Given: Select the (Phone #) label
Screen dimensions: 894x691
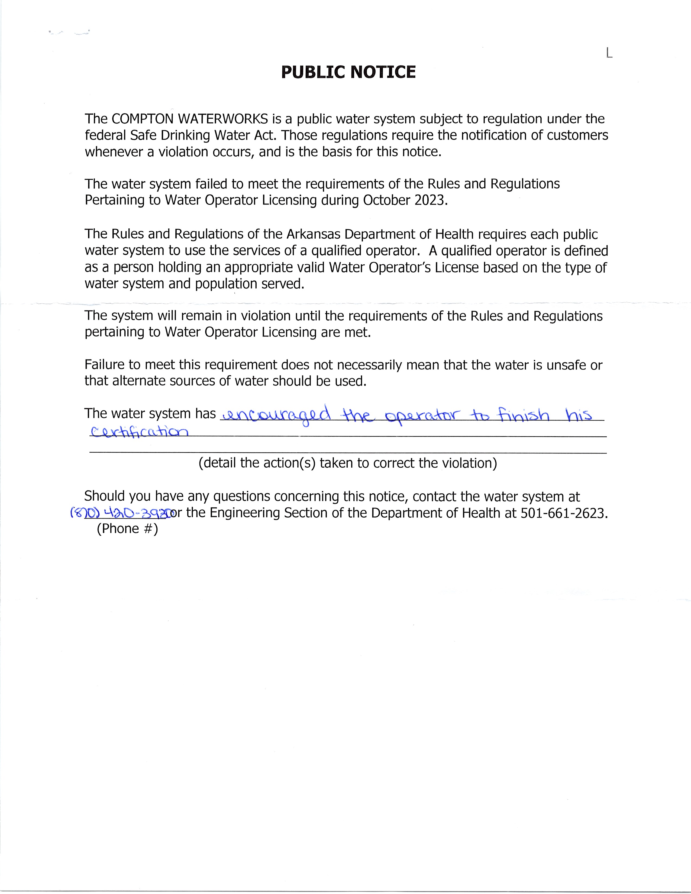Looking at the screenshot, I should point(127,529).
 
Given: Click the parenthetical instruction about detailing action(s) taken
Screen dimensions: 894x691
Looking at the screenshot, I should point(348,463).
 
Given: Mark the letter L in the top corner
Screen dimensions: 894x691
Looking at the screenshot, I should point(609,53).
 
